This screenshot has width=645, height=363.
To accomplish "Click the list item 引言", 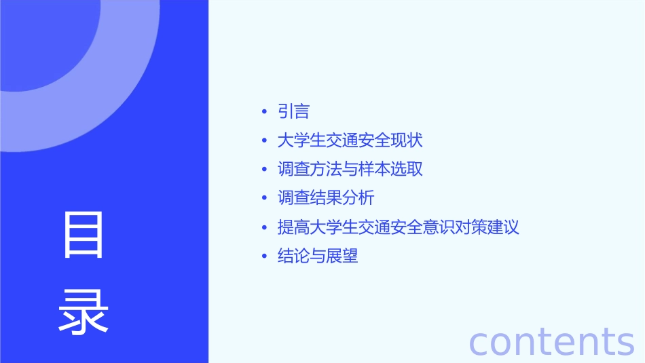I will [293, 111].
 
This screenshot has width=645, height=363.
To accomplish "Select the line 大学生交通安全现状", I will [350, 140].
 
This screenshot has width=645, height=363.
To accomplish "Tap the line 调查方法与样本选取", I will [350, 169].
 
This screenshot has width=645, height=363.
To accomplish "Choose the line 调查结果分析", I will [326, 198].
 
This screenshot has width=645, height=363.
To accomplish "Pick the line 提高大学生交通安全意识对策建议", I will [398, 227].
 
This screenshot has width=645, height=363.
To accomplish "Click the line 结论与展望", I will [317, 256].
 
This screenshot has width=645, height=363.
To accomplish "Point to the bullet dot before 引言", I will [264, 112].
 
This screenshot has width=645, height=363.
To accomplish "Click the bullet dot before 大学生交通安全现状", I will [264, 141].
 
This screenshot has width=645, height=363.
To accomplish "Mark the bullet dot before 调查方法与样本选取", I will [264, 170].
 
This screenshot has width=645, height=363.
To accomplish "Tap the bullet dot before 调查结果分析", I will [264, 199].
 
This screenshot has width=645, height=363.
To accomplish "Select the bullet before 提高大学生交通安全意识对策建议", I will [264, 228].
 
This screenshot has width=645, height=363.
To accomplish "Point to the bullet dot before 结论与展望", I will [264, 256].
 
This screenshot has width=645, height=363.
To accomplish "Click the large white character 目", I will [84, 235].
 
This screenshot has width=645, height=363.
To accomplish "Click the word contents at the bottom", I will [551, 341].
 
